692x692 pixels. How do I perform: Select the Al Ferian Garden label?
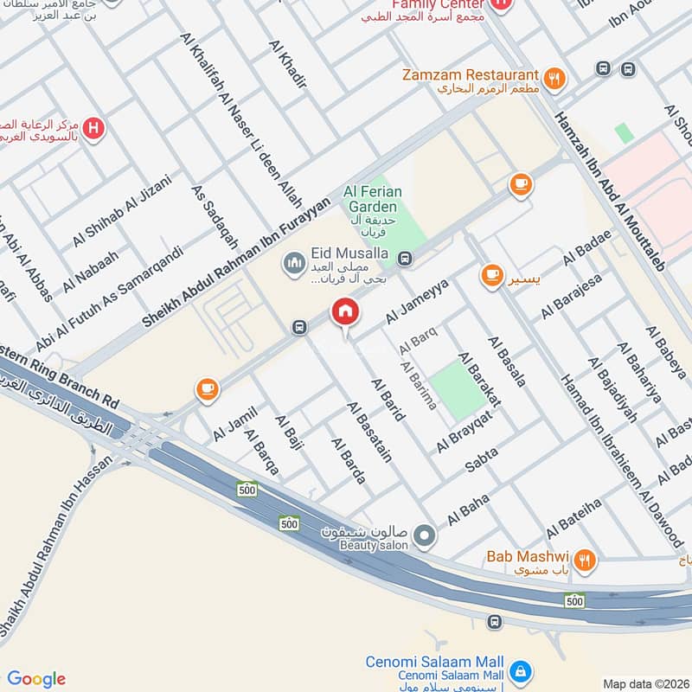pos(370,200)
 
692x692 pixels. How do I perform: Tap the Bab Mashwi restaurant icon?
pos(586,561)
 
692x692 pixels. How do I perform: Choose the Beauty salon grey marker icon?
pos(424,537)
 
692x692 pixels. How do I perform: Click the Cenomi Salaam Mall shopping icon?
pos(520,670)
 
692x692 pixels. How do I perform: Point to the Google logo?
pos(36,678)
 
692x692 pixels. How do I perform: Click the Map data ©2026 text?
pos(644,683)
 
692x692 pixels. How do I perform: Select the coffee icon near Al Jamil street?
pos(207,388)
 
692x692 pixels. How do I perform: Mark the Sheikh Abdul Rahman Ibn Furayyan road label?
pos(235,262)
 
